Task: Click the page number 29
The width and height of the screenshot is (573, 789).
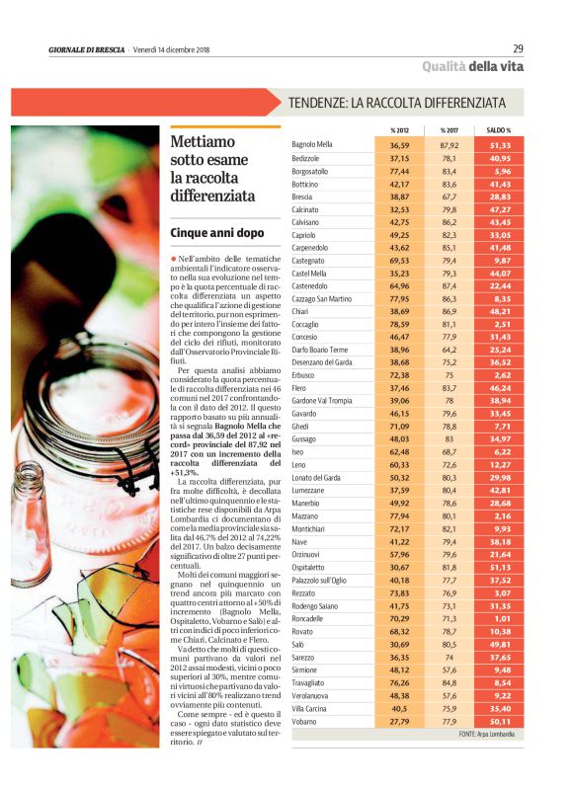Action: (x=518, y=49)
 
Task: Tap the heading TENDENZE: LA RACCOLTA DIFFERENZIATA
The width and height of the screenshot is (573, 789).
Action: (x=396, y=103)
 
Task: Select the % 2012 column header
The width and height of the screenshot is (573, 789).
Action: (x=399, y=130)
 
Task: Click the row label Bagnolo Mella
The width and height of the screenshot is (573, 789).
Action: (x=312, y=144)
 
